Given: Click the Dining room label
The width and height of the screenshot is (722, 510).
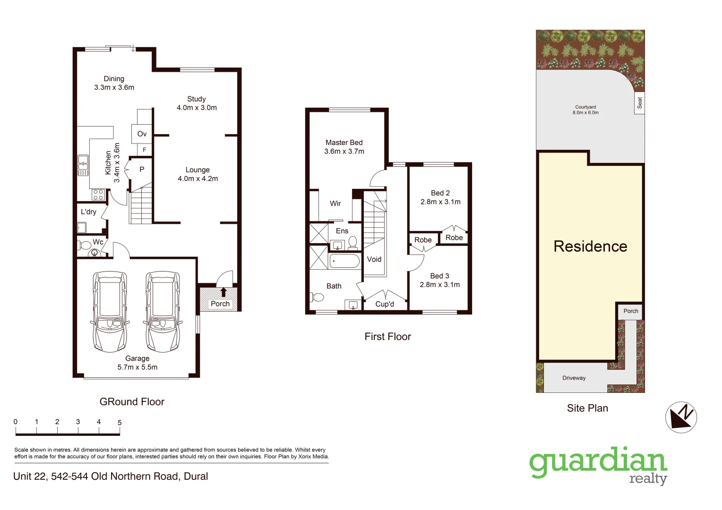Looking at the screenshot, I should point(114,79).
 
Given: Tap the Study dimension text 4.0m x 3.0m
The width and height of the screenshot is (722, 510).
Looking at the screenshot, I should point(197,108).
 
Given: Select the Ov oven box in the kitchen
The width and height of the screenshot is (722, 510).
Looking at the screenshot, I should point(142,134).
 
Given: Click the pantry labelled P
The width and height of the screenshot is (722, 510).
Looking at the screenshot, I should point(142,169).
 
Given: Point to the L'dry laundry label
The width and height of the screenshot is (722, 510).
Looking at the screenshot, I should point(88,212).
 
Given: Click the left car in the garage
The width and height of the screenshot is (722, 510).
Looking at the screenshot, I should point(110,311).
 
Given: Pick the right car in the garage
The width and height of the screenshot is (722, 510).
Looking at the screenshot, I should point(163,311).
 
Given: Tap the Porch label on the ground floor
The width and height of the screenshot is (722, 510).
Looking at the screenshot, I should point(220,304).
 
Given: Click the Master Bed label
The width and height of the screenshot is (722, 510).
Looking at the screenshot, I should point(344,143).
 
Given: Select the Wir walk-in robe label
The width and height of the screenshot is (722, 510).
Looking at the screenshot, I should point(335,204).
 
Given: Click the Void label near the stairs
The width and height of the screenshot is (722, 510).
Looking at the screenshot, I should point(374,259).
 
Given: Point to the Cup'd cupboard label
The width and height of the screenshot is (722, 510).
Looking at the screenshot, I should point(385,304).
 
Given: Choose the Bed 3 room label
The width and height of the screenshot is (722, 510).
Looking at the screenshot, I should point(439,276).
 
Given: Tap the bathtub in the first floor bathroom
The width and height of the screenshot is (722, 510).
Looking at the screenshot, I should point(344,261).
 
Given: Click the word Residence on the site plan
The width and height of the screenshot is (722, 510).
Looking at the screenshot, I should point(590,246).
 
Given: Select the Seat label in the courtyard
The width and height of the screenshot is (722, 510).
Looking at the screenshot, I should point(640,102).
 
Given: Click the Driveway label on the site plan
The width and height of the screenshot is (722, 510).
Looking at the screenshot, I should point(574,378).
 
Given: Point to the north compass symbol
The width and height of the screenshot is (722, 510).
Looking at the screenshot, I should point(681,417).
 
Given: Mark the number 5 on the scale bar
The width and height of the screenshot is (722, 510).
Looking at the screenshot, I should point(120,423).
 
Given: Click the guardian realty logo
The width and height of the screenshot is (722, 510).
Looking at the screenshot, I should point(598,465).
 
